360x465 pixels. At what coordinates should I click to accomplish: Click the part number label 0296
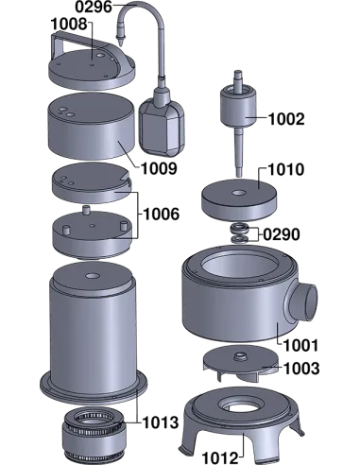94,7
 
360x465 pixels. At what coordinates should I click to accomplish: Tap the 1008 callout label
69,25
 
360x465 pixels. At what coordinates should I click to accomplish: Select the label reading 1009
159,169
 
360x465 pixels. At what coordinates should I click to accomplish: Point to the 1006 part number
161,215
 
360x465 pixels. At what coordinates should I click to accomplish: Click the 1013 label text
161,422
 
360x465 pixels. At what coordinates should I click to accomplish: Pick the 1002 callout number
286,119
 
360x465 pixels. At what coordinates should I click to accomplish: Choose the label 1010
286,169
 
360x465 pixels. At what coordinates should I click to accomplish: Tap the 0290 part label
282,234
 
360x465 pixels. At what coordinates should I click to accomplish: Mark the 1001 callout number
301,346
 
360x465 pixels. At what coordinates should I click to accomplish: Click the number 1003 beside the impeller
301,369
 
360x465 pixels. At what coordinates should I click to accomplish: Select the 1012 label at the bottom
219,457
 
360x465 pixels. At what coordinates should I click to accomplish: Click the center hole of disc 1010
238,192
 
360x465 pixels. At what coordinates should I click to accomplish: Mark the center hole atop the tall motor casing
92,276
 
